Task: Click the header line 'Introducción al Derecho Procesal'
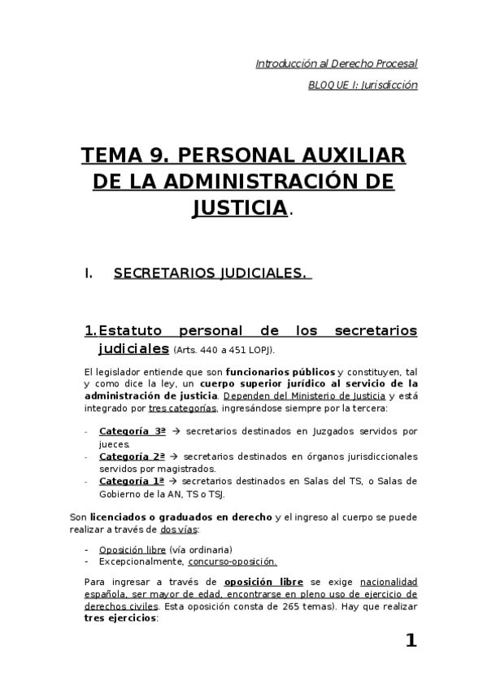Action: [x=337, y=63]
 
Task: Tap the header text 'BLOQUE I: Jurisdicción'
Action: [x=363, y=85]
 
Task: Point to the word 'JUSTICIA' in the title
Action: [x=240, y=207]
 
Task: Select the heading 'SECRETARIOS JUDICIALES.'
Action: [x=211, y=273]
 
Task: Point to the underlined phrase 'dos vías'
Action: [x=178, y=530]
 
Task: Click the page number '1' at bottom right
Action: [x=411, y=641]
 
